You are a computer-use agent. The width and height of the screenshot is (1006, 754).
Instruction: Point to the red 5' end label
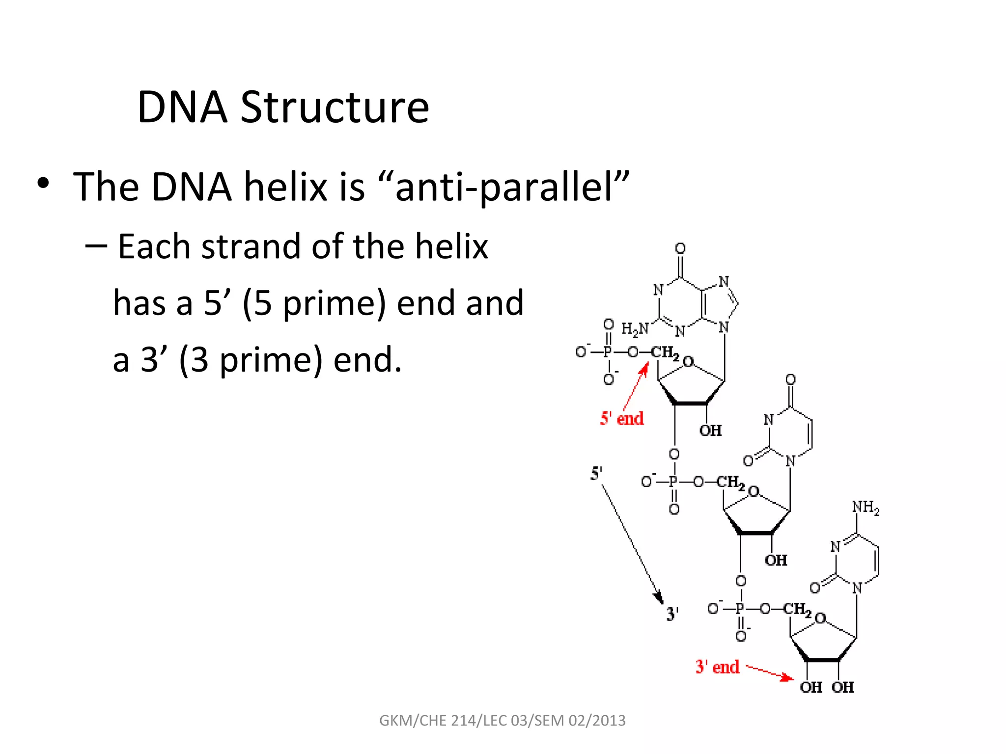click(x=621, y=419)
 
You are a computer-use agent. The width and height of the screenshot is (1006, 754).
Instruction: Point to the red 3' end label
click(x=717, y=667)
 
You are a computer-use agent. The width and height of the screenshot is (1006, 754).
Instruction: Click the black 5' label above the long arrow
click(x=596, y=474)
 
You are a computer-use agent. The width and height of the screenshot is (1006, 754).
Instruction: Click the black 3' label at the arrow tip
click(x=672, y=614)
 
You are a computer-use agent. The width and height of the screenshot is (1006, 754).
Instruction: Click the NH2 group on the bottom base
click(x=866, y=507)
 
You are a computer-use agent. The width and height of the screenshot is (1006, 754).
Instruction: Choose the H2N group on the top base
click(x=635, y=329)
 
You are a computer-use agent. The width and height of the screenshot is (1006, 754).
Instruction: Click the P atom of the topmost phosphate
click(x=608, y=352)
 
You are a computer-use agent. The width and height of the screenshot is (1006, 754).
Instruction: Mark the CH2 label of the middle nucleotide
click(x=730, y=482)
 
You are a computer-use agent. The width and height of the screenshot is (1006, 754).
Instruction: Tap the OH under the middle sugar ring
click(x=776, y=560)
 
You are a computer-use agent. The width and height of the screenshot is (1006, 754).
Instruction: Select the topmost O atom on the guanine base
click(x=680, y=248)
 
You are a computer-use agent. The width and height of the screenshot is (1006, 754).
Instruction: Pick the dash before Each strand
click(x=96, y=245)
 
